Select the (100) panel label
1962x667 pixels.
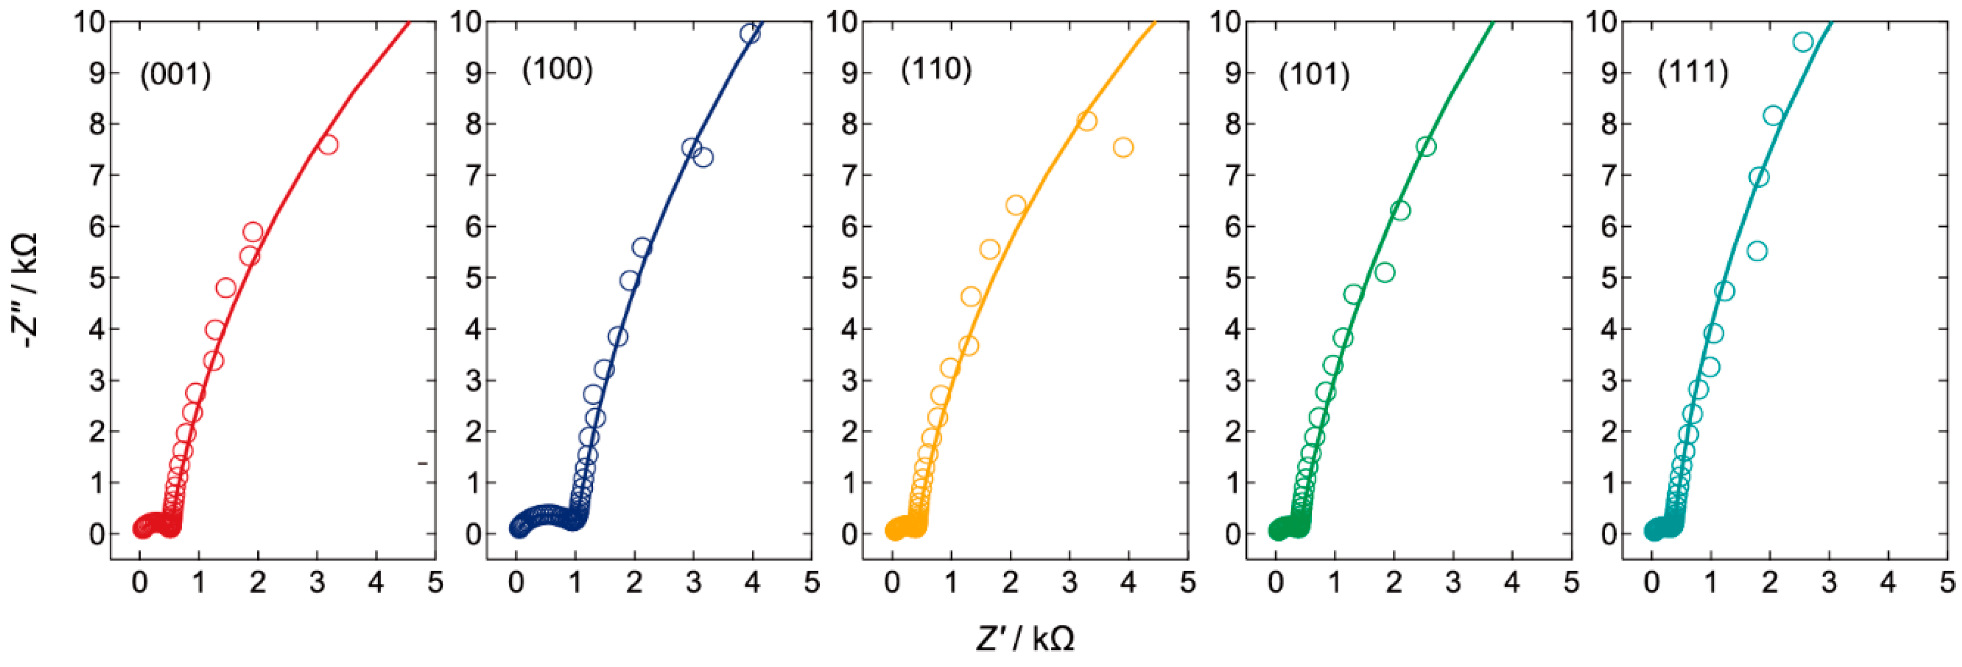click(x=557, y=69)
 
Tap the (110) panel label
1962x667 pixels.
click(x=936, y=69)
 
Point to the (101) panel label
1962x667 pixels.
click(x=1314, y=74)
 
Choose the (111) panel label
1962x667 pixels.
click(x=1693, y=72)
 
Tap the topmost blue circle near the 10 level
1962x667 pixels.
click(x=750, y=34)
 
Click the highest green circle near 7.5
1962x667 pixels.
click(x=1426, y=147)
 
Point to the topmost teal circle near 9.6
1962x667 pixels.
click(x=1802, y=42)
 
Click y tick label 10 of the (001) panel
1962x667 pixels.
click(x=89, y=22)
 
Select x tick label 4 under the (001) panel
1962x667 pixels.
click(x=375, y=583)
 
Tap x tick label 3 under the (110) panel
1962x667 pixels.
click(x=1069, y=583)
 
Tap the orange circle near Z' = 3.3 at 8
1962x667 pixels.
click(x=1087, y=121)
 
